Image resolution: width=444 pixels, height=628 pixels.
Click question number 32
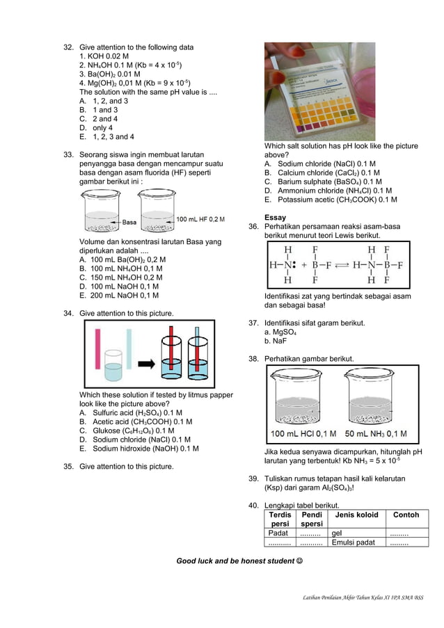tap(68, 47)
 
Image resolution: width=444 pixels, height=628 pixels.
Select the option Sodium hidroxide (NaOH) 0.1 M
tap(138, 449)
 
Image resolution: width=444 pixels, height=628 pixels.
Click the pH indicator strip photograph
tap(319, 91)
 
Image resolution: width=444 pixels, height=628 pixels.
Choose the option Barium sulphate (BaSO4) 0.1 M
tap(324, 182)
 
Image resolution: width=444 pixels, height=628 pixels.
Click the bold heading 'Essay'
tap(276, 218)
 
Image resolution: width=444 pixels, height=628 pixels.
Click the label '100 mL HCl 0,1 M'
tap(303, 434)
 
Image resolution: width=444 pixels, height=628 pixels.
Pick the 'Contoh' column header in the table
tap(406, 515)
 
